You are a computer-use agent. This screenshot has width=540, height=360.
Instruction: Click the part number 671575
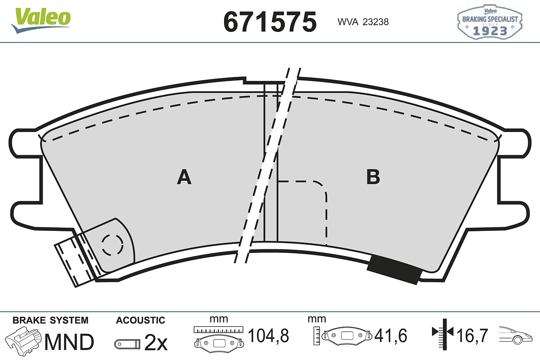point(270,22)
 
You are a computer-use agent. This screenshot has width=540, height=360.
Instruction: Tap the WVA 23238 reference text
point(363,22)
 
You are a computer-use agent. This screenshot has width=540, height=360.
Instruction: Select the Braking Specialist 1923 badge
point(490,22)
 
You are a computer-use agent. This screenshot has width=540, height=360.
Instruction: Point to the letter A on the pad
point(184,177)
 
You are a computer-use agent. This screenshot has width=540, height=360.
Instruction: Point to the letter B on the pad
point(373,177)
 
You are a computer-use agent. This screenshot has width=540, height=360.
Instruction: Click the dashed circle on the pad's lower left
point(112,245)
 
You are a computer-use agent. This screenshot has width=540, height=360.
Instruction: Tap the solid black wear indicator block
point(394,270)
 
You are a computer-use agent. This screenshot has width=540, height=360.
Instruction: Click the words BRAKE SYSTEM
point(50,320)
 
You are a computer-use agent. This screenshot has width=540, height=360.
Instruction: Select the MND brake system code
point(69,342)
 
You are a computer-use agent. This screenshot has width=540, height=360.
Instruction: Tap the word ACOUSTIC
point(140,320)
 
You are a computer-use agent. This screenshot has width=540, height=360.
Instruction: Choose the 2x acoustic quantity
point(156,342)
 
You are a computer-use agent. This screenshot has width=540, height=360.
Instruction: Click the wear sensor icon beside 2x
point(127,344)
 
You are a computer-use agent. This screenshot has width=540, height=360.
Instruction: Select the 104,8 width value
point(268,335)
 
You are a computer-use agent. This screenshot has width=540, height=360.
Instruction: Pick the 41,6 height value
point(391,335)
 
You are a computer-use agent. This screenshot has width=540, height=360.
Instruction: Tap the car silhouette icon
point(516,335)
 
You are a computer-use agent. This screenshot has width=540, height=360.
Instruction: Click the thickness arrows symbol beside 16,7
point(443,335)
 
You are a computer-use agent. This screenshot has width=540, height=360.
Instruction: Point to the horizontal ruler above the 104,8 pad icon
point(218,329)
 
